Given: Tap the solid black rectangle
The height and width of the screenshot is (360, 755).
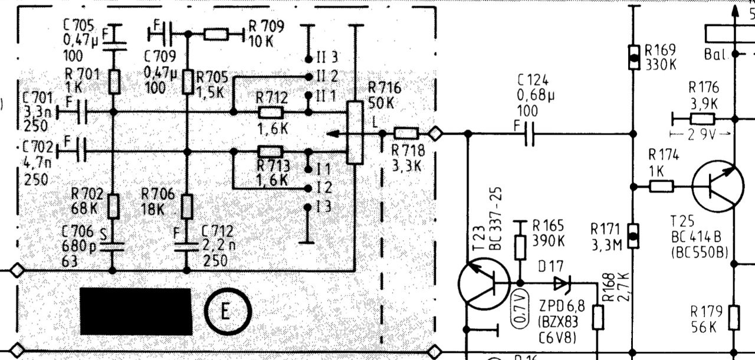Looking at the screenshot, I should tap(135, 310).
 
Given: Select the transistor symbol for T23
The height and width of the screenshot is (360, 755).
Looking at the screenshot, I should tap(483, 284).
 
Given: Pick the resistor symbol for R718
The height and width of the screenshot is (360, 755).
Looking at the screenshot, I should tap(406, 134).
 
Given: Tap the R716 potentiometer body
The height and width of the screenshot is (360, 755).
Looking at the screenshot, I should tap(354, 132).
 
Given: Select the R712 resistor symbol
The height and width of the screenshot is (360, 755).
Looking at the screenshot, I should tap(271, 112).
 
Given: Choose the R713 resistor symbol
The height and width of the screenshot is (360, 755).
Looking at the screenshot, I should tap(271, 152).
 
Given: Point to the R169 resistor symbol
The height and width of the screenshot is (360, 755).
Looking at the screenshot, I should tap(633, 58).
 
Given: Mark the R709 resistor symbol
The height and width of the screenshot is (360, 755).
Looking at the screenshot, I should tap(216, 34).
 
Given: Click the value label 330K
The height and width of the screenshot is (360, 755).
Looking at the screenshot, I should tap(661, 64).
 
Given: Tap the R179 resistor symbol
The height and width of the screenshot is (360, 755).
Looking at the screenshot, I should tap(734, 317).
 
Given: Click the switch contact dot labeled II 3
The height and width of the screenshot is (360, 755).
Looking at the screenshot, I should tap(308, 59).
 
